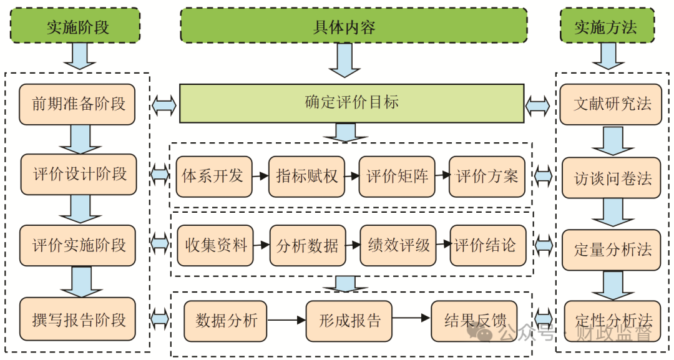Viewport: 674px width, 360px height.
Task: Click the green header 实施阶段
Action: coord(75,26)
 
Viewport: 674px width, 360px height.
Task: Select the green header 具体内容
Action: coord(353,26)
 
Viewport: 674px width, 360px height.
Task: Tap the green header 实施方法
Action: coord(607,26)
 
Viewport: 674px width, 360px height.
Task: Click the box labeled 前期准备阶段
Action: coord(77,104)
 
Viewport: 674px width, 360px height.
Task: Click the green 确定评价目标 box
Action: coord(351,103)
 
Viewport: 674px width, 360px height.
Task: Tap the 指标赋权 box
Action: coord(306,177)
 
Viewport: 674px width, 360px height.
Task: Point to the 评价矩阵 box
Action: coord(397,177)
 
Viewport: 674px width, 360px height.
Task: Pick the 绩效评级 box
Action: coord(398,245)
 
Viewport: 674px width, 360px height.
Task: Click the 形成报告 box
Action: coord(348,321)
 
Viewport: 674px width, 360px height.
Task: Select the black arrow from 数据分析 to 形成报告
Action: coord(286,321)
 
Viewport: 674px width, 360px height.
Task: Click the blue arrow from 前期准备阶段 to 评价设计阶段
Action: coord(78,139)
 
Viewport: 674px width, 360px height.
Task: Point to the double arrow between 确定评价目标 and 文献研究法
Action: coord(538,105)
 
